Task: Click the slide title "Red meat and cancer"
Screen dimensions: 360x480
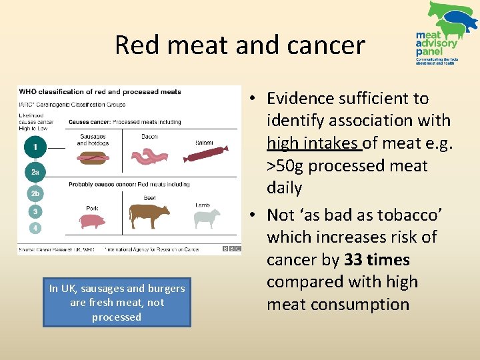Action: pos(240,45)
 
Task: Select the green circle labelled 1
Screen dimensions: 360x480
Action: pos(35,146)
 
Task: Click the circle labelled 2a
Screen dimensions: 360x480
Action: pos(35,172)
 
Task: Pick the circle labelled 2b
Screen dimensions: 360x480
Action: pos(35,194)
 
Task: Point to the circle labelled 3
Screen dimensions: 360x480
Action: pos(35,211)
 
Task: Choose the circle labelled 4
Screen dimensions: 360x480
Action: pos(35,228)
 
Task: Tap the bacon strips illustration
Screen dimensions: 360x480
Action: pos(150,157)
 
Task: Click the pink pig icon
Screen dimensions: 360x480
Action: pos(93,221)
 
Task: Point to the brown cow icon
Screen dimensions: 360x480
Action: pos(149,216)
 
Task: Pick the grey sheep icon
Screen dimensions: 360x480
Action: pos(207,219)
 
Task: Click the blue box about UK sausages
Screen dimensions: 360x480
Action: pos(117,303)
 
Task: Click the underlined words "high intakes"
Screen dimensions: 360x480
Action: pos(314,143)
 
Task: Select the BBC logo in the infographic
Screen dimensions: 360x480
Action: pos(231,249)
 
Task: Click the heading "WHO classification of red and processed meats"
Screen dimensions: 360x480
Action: pos(100,92)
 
